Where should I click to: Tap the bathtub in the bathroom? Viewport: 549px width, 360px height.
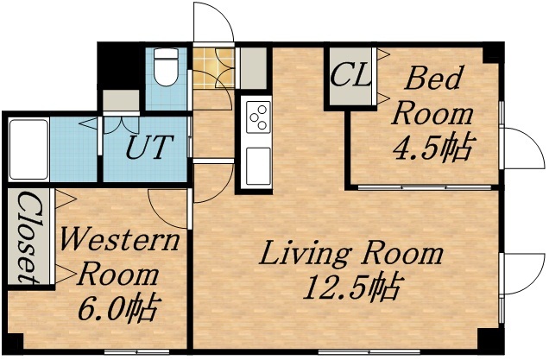(28, 148)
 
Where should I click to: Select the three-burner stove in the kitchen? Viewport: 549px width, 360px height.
(258, 116)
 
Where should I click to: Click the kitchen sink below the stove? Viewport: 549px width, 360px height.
(258, 161)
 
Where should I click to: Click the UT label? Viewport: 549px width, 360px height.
(149, 147)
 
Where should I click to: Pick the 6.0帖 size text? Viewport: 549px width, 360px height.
(120, 306)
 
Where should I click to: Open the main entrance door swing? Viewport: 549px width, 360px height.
(214, 22)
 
